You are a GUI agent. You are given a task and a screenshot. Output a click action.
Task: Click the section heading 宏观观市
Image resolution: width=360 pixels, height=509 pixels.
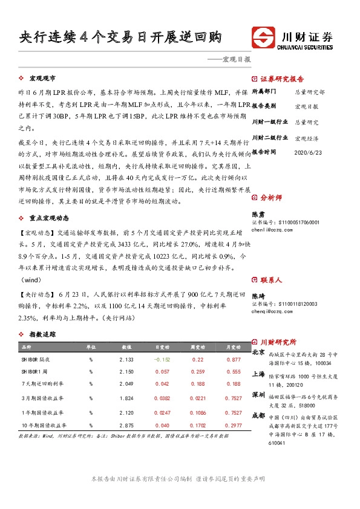tap(42, 79)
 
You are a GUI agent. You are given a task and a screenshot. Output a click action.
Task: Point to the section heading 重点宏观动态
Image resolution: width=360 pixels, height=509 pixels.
tap(49, 218)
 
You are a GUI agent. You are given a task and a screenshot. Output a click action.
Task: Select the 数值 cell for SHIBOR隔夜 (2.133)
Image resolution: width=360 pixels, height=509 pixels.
tap(126, 359)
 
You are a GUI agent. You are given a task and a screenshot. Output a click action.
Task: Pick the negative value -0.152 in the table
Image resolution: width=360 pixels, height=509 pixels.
tap(163, 359)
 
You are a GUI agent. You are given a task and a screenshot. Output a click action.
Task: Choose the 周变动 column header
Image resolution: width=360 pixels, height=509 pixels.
tap(197, 347)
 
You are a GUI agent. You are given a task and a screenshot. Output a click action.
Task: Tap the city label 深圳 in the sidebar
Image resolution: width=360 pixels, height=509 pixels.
tap(258, 394)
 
